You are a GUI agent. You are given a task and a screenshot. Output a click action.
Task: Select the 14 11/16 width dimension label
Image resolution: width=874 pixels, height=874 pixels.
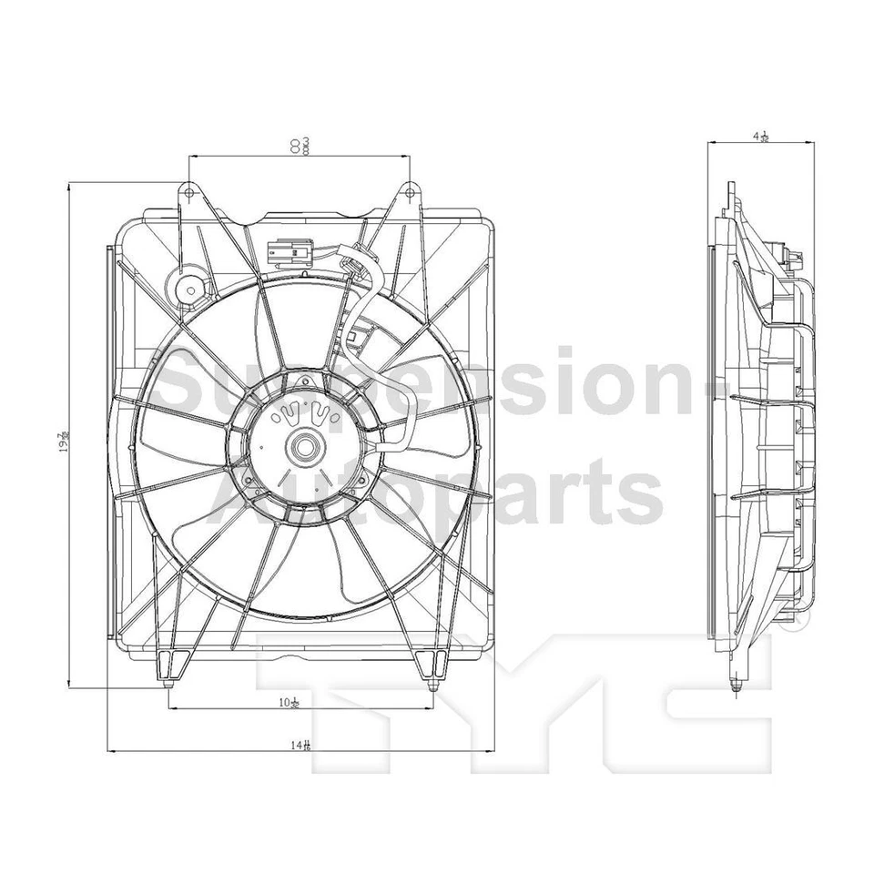(x=301, y=745)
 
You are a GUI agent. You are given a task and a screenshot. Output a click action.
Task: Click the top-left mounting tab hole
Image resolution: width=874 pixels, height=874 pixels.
(x=188, y=192)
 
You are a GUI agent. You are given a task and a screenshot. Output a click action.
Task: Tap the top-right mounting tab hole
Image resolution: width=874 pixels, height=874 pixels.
(x=410, y=193)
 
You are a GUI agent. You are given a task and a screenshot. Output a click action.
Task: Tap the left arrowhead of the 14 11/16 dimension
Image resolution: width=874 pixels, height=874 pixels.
(x=111, y=751)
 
